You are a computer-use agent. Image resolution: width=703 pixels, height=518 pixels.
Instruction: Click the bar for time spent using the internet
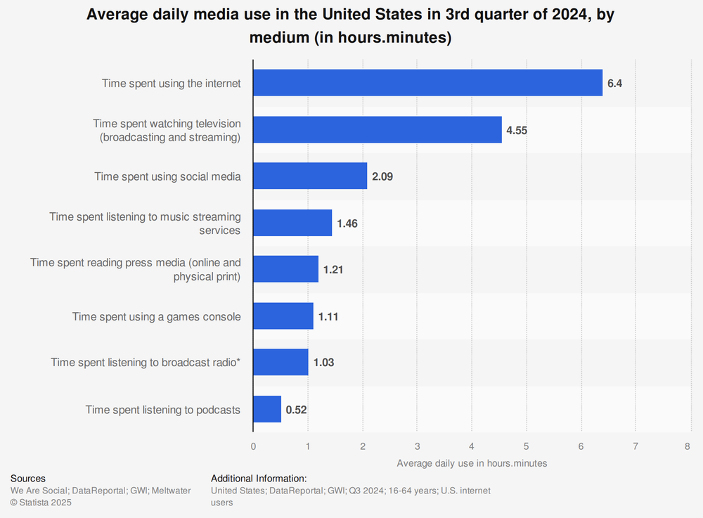coord(427,83)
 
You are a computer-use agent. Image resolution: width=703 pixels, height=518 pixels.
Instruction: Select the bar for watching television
coord(378,130)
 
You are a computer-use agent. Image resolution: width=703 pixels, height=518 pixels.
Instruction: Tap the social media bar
coord(310,176)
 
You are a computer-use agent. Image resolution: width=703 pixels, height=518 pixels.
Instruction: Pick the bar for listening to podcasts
coord(267,409)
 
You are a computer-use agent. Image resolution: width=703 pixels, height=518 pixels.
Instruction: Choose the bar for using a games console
coord(283,316)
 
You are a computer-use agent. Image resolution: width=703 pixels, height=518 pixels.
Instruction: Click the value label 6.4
coord(615,83)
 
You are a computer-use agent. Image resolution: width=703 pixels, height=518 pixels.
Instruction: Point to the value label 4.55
coord(517,130)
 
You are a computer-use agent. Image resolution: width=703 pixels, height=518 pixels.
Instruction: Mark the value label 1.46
coord(348,224)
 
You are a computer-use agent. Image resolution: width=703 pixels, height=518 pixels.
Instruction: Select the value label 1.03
coord(323,363)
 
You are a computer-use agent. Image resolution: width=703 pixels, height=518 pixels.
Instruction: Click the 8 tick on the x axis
coord(690,446)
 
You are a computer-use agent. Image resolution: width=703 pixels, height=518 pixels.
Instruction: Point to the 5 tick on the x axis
coord(526,446)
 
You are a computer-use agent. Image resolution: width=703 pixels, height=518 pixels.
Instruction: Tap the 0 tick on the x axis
coord(253,446)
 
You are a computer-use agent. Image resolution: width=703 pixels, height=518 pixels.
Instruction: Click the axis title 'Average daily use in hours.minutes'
coord(472,463)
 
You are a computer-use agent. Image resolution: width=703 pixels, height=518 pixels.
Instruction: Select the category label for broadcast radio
coord(146,363)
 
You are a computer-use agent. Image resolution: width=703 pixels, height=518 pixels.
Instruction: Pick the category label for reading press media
coord(136,269)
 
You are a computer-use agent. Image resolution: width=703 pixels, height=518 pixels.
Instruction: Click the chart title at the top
coord(351,27)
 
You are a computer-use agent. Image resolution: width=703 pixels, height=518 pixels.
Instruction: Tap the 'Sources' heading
coord(28,479)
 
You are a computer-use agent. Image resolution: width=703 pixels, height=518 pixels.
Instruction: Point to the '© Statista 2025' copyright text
coord(41,503)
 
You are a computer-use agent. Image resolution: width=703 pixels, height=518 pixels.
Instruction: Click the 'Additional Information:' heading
coord(259,479)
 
